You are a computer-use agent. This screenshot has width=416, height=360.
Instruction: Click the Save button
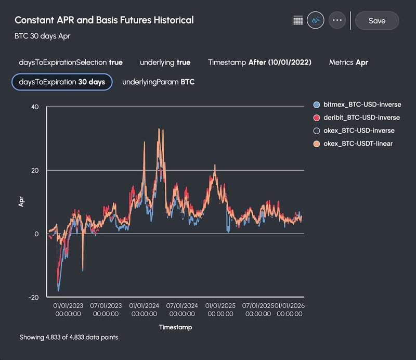[x=376, y=21]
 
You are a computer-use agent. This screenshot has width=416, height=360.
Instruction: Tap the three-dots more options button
[x=337, y=20]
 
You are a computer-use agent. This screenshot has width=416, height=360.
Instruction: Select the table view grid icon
[x=298, y=20]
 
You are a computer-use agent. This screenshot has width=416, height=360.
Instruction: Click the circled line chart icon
[x=316, y=20]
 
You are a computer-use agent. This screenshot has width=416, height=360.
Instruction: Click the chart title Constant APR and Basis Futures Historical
[x=104, y=20]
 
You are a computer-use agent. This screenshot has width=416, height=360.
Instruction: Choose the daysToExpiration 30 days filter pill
[x=62, y=82]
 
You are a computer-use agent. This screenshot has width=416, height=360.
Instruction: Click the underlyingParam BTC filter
[x=158, y=82]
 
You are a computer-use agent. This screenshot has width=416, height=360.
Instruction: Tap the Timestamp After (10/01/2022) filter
[x=259, y=62]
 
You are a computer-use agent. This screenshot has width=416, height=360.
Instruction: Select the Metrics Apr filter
[x=348, y=62]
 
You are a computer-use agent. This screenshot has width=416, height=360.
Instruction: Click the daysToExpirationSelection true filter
[x=71, y=62]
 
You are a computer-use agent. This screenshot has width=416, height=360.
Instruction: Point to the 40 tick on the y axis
[x=35, y=107]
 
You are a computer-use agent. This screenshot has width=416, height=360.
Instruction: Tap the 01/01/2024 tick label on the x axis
[x=144, y=310]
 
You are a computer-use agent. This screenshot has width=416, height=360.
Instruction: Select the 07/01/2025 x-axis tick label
[x=258, y=310]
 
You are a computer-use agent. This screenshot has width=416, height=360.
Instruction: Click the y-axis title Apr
[x=22, y=202]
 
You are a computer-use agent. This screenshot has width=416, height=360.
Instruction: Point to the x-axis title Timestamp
[x=175, y=327]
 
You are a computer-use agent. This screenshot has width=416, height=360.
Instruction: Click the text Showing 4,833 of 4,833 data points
[x=69, y=337]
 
